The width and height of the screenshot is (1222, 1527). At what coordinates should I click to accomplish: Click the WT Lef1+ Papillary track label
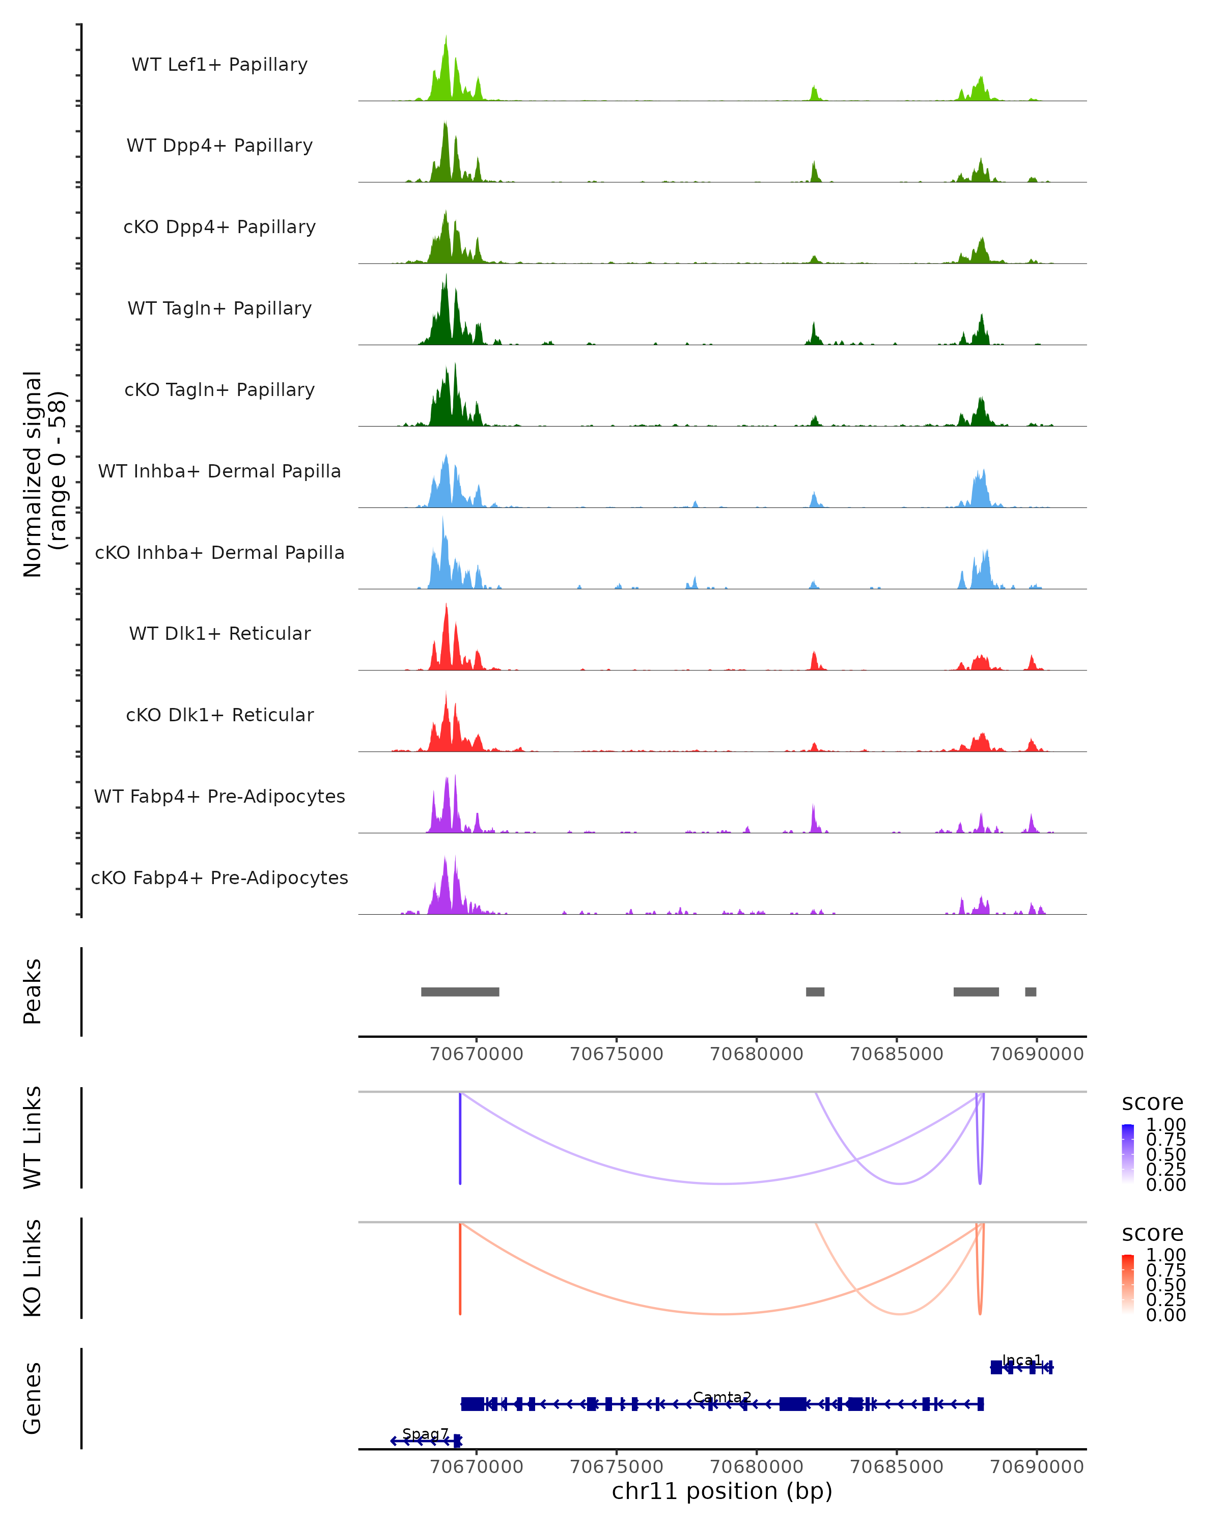tap(219, 65)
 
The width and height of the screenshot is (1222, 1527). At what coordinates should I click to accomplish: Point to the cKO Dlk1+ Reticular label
tap(219, 715)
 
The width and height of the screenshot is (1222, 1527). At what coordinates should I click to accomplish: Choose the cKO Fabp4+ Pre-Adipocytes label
tap(219, 878)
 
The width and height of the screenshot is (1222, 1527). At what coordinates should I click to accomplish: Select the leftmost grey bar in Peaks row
tap(460, 992)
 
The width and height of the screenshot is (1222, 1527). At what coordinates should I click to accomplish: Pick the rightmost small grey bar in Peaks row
tap(1031, 992)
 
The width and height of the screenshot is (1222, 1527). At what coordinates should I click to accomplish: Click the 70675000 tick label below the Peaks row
tap(616, 1054)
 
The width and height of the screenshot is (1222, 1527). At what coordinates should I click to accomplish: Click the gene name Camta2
tap(722, 1397)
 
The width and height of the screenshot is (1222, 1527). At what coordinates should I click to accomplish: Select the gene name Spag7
tap(425, 1433)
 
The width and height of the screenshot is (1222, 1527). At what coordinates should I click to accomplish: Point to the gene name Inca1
tap(1021, 1360)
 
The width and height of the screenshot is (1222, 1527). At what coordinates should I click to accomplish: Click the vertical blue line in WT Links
tap(460, 1137)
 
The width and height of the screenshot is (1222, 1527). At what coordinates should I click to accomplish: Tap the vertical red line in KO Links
tap(460, 1268)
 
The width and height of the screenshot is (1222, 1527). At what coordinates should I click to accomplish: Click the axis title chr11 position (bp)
tap(722, 1491)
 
